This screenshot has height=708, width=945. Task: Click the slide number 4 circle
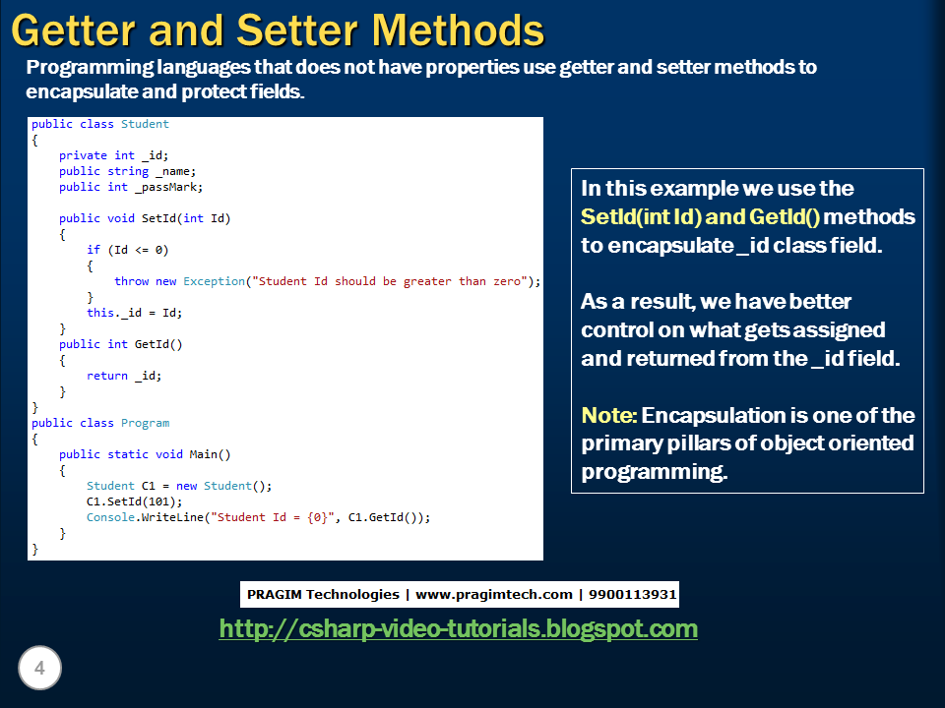pyautogui.click(x=39, y=669)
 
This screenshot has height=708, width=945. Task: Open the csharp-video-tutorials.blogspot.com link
pyautogui.click(x=458, y=628)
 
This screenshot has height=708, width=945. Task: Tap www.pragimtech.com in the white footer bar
pyautogui.click(x=493, y=595)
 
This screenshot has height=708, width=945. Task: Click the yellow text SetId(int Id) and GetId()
pyautogui.click(x=700, y=216)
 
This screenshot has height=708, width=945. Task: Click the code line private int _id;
pyautogui.click(x=113, y=155)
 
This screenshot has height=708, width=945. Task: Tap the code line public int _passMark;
pyautogui.click(x=131, y=187)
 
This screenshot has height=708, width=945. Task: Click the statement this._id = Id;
pyautogui.click(x=134, y=313)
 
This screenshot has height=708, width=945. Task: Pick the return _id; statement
pyautogui.click(x=123, y=376)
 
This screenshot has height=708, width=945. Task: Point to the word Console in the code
pyautogui.click(x=110, y=517)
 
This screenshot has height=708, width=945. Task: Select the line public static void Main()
pyautogui.click(x=144, y=454)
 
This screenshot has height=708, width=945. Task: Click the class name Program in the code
pyautogui.click(x=145, y=423)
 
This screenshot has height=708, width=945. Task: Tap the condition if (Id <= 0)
pyautogui.click(x=127, y=250)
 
